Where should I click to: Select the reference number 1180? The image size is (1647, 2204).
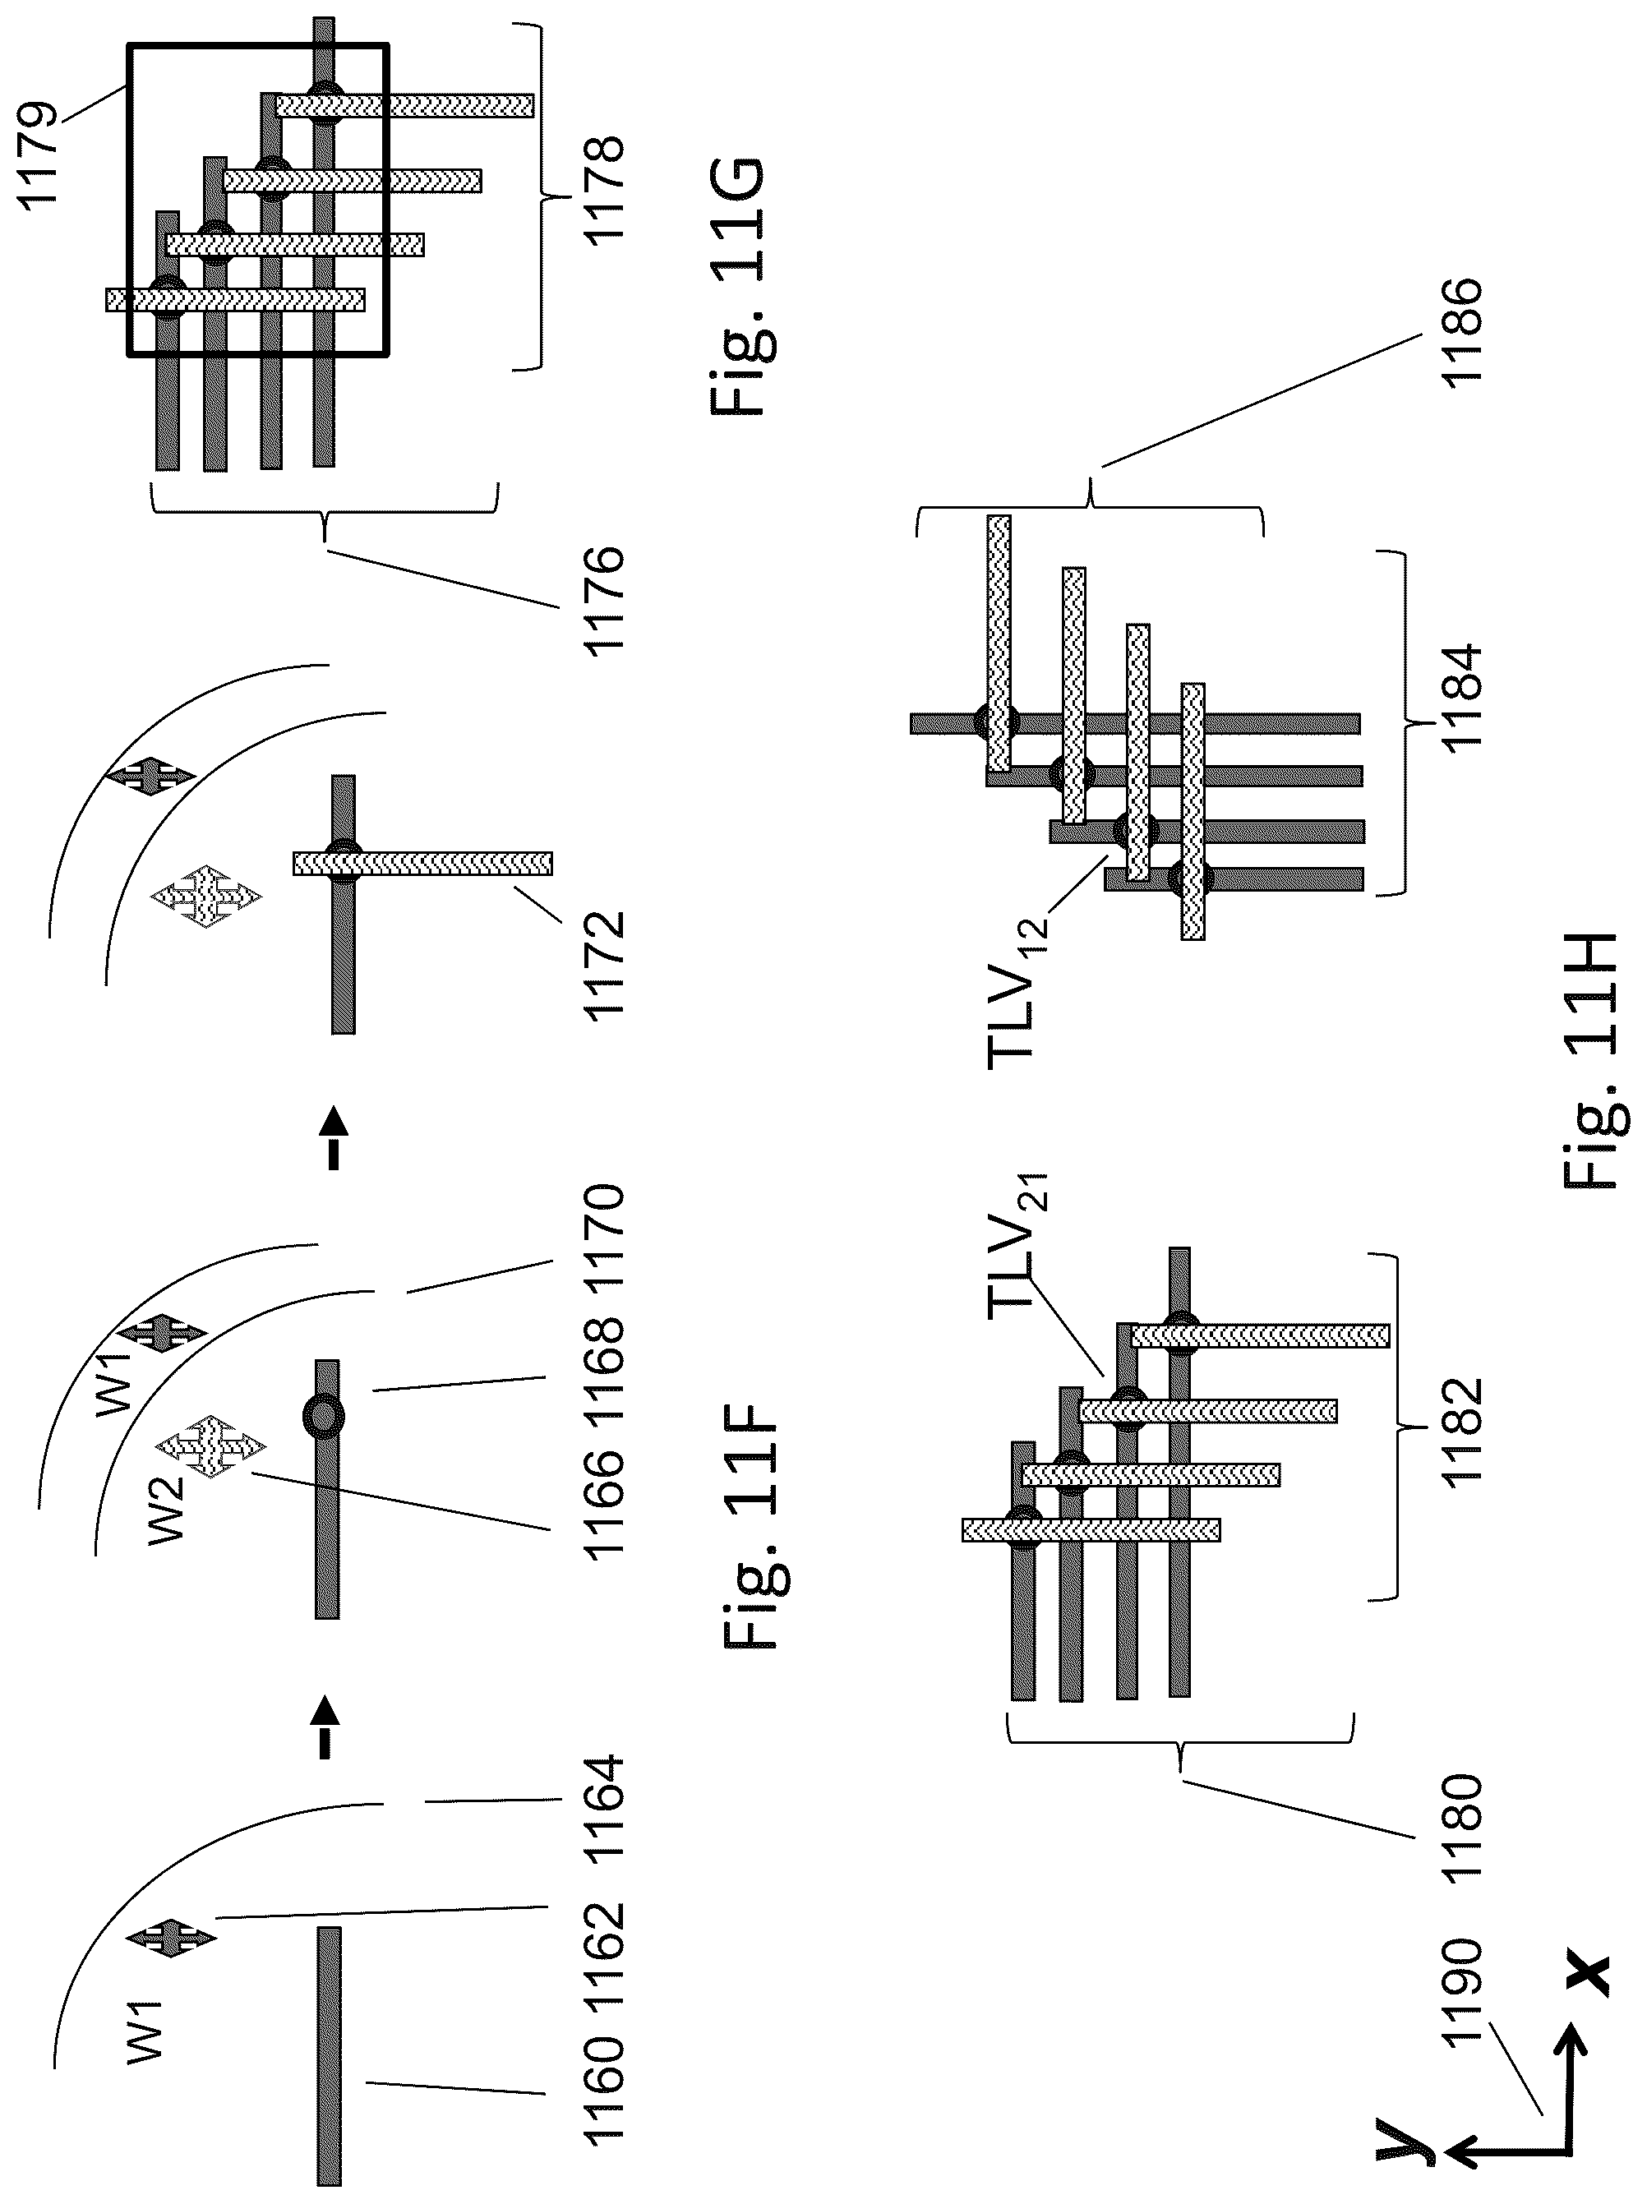pyautogui.click(x=1460, y=1828)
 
